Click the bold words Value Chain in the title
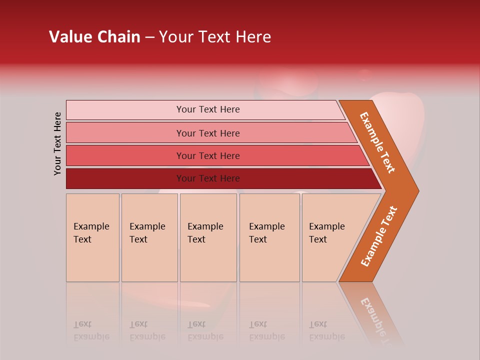click(x=94, y=37)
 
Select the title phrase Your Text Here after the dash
click(x=215, y=37)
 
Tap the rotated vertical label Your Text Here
click(x=58, y=143)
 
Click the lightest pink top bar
click(x=125, y=110)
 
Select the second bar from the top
click(x=125, y=133)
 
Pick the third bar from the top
click(x=125, y=155)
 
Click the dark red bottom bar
click(x=125, y=178)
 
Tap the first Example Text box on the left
click(x=92, y=237)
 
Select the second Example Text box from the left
click(x=149, y=237)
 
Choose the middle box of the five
click(x=208, y=237)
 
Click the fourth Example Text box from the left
click(x=269, y=237)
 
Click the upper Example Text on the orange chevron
click(x=377, y=142)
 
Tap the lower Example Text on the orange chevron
click(x=379, y=236)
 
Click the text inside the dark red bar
click(x=208, y=178)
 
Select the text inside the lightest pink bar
click(x=208, y=109)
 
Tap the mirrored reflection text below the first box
click(x=91, y=330)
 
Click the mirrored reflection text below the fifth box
click(x=326, y=330)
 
